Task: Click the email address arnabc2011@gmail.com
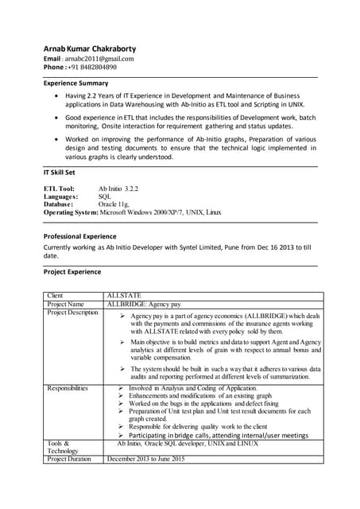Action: [x=99, y=58]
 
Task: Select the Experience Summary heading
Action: [x=75, y=83]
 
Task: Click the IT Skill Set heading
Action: [x=60, y=172]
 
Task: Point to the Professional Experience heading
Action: [x=79, y=236]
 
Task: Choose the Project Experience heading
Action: [x=72, y=272]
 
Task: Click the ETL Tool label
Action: [x=59, y=188]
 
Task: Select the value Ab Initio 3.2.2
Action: [x=118, y=188]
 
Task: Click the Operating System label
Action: [x=71, y=212]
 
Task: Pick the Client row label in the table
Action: [x=55, y=296]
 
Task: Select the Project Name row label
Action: [x=65, y=304]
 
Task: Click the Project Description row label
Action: [x=72, y=313]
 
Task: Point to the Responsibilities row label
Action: [x=68, y=388]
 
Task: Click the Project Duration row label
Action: [x=69, y=459]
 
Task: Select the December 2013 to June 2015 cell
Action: [x=152, y=459]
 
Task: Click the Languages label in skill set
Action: [x=60, y=196]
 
